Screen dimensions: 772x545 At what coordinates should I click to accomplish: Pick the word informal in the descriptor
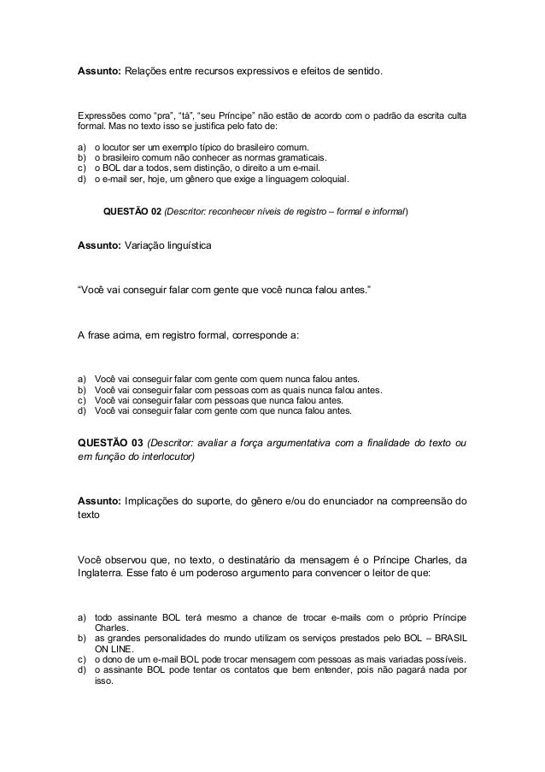[387, 211]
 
